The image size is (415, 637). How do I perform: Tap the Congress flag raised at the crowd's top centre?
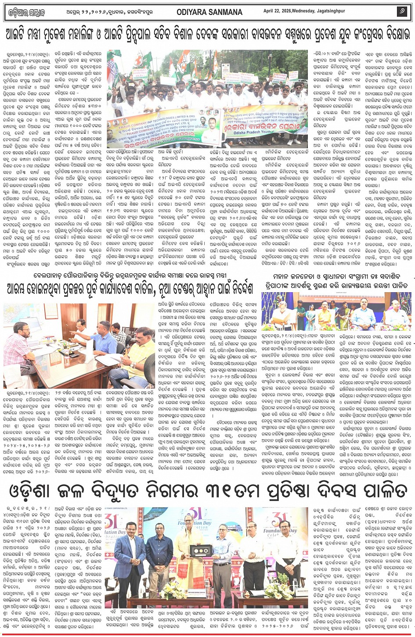[180, 66]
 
